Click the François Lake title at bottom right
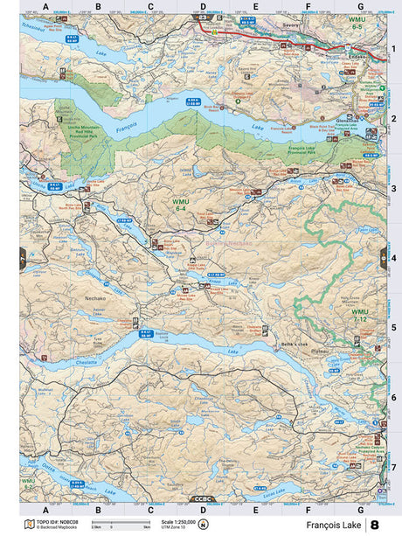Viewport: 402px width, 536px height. click(334, 525)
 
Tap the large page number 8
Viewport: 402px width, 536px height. click(375, 525)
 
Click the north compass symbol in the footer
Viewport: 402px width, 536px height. click(204, 525)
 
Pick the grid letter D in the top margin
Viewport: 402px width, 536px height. click(203, 8)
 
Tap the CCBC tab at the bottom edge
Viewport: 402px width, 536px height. click(203, 499)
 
